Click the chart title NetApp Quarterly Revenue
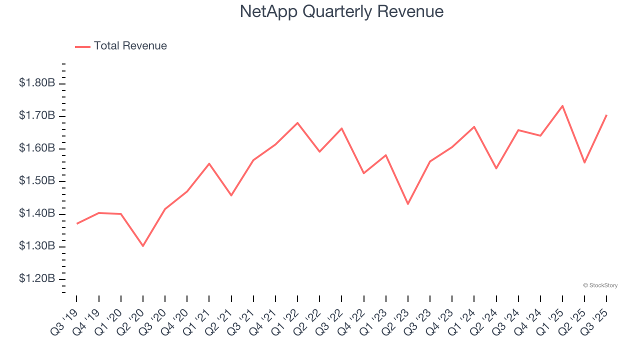341,11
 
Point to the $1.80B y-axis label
37,83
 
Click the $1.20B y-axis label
37,278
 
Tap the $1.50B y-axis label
37,181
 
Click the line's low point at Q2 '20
143,246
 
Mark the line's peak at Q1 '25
562,106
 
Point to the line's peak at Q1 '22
297,122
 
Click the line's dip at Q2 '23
408,204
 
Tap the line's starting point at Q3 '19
76,223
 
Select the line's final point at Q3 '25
606,115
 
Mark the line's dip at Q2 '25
584,162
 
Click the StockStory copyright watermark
600,285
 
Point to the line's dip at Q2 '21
231,195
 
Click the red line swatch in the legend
82,46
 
